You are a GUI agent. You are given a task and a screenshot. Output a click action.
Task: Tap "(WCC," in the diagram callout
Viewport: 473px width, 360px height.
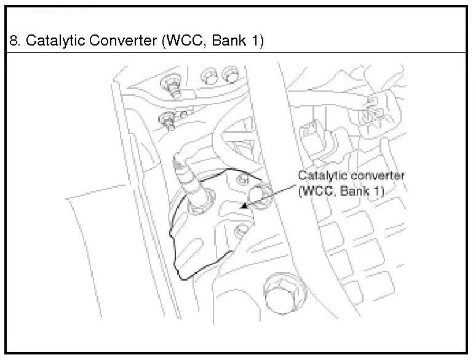pos(315,191)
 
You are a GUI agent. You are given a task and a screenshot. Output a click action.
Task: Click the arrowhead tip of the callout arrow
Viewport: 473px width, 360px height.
pos(245,207)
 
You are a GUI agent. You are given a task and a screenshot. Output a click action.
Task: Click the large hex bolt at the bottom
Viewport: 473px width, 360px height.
pos(281,291)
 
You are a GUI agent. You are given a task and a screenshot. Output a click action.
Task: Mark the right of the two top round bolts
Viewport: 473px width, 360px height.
pos(231,76)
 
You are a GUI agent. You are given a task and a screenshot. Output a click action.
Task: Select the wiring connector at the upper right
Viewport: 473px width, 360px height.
pos(373,111)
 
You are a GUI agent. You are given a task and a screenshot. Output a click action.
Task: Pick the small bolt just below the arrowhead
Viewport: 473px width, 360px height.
pos(242,231)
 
